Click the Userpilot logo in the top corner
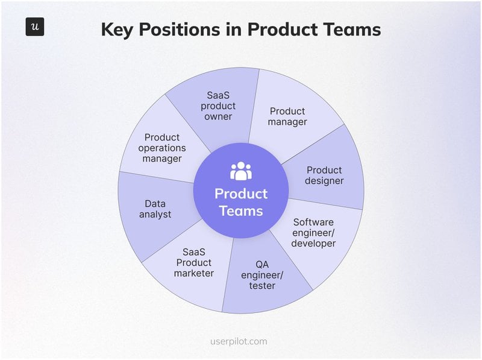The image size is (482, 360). pyautogui.click(x=35, y=27)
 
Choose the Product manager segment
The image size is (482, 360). pyautogui.click(x=288, y=116)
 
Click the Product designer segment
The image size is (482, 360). pyautogui.click(x=324, y=175)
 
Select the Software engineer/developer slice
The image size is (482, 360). pyautogui.click(x=313, y=233)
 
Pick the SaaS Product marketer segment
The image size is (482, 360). pyautogui.click(x=193, y=263)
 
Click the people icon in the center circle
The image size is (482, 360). pyautogui.click(x=241, y=171)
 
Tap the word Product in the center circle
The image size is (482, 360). pyautogui.click(x=241, y=194)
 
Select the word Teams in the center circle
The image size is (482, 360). pyautogui.click(x=241, y=211)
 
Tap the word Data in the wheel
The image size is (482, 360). pyautogui.click(x=155, y=204)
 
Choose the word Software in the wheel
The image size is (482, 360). pyautogui.click(x=313, y=222)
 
